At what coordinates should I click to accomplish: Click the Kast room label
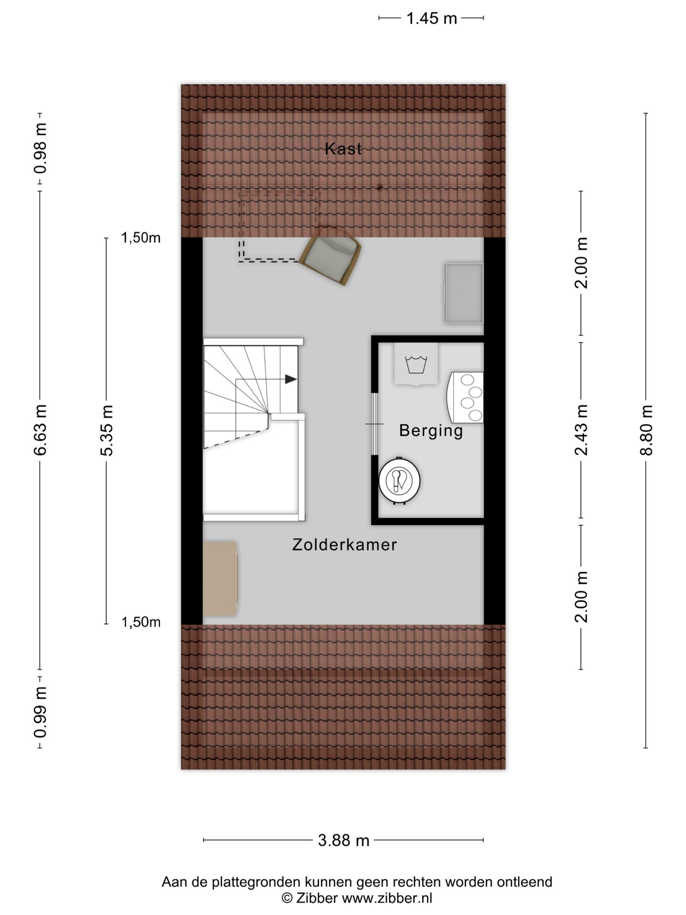(343, 148)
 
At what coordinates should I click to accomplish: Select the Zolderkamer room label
(344, 545)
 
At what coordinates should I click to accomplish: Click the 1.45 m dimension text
(431, 19)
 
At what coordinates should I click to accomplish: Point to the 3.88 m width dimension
(343, 841)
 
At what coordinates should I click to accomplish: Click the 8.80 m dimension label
(646, 430)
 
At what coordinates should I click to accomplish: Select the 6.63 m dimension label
(40, 430)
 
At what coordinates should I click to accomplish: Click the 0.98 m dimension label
(40, 148)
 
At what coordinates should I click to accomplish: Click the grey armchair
(330, 256)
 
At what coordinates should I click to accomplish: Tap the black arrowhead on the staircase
(291, 379)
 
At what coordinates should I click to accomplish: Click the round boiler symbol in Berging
(399, 481)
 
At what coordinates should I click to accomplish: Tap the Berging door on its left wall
(375, 424)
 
